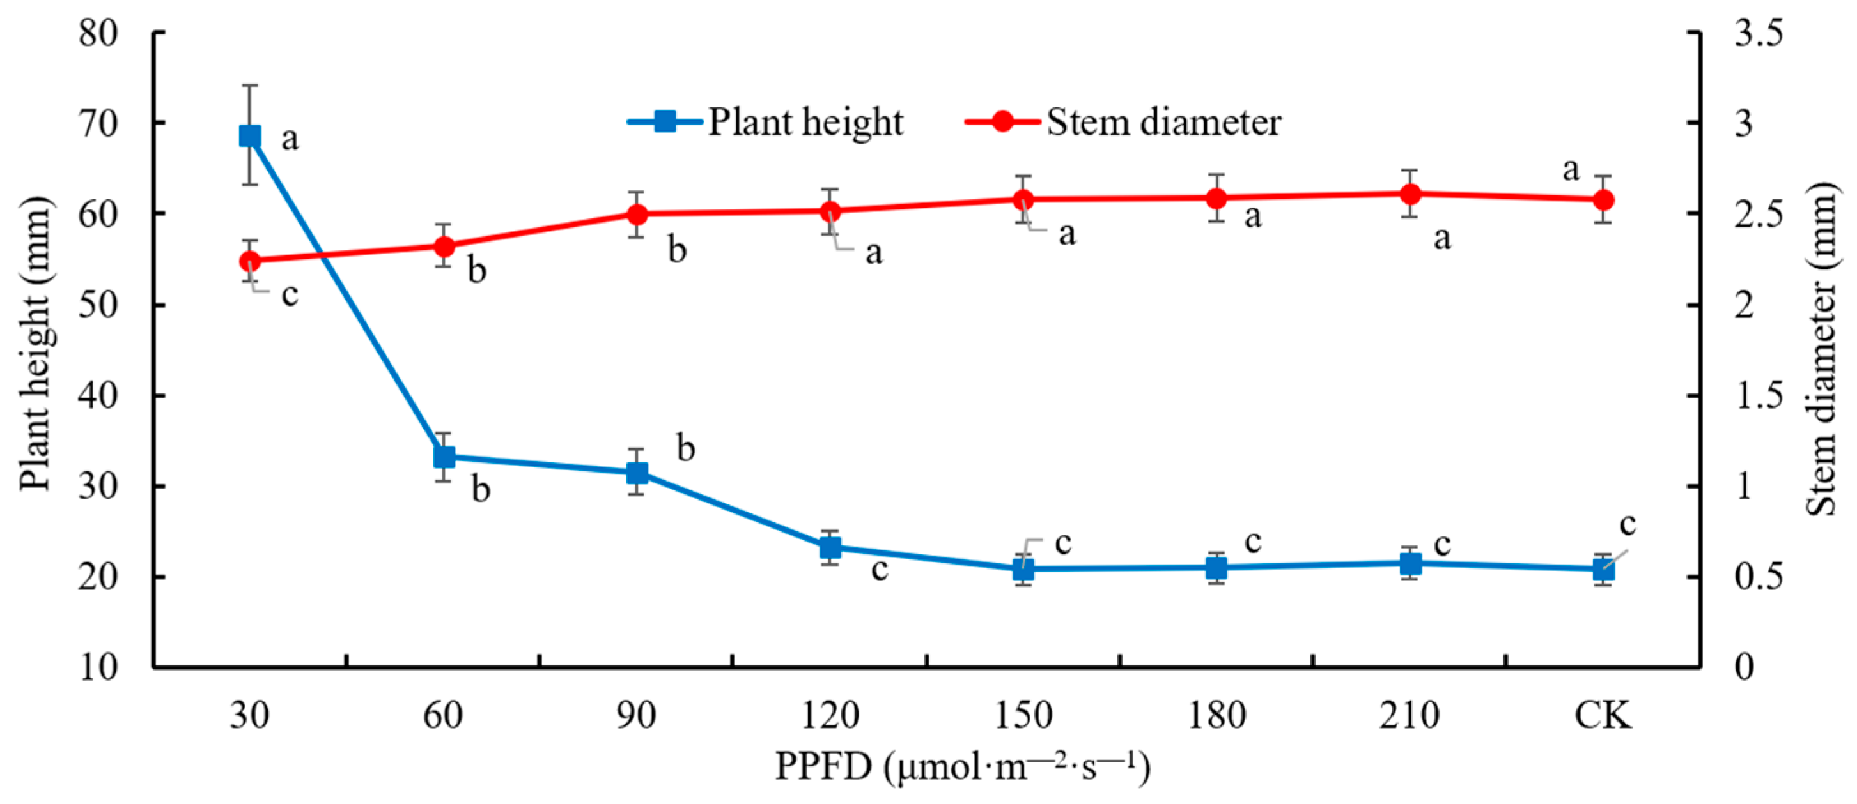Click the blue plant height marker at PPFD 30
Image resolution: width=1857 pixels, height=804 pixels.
coord(249,135)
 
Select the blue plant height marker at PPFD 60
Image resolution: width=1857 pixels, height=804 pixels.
coord(444,457)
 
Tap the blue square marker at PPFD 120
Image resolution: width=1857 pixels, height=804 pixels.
coord(830,547)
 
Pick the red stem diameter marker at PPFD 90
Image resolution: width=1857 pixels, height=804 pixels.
coord(637,214)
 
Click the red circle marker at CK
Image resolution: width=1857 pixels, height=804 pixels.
coord(1603,199)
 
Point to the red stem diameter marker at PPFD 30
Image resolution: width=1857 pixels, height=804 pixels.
coord(249,260)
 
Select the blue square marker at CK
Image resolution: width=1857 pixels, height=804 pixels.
coord(1603,570)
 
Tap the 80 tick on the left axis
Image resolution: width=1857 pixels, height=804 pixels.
coord(98,33)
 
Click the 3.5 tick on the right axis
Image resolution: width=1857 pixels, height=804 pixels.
coord(1757,33)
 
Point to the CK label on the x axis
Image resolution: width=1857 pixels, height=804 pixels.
coord(1603,716)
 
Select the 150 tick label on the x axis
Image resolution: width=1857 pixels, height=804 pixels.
coord(1023,716)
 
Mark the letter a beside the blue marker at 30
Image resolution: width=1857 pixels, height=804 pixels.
coord(290,139)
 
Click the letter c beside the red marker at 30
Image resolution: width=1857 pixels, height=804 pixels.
coord(290,294)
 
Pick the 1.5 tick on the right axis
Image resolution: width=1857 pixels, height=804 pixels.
coord(1757,395)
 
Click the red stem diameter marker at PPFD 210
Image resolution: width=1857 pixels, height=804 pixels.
coord(1411,193)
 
